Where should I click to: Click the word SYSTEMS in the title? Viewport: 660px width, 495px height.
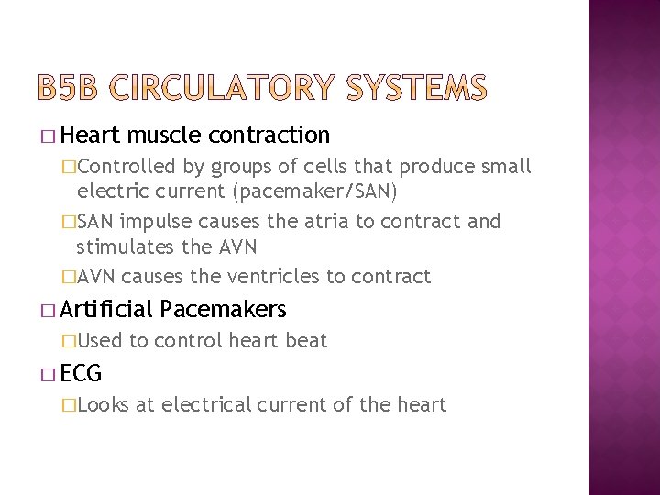[x=417, y=88]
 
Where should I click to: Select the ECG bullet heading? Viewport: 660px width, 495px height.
[x=83, y=374]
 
